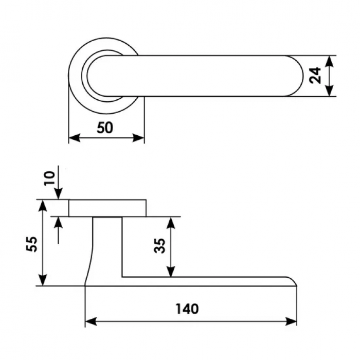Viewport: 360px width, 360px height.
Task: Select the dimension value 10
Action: [x=49, y=178]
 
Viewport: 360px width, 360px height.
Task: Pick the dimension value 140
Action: [x=187, y=309]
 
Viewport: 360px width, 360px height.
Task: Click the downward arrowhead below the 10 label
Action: [x=59, y=193]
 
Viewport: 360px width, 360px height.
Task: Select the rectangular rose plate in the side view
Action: [x=107, y=208]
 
